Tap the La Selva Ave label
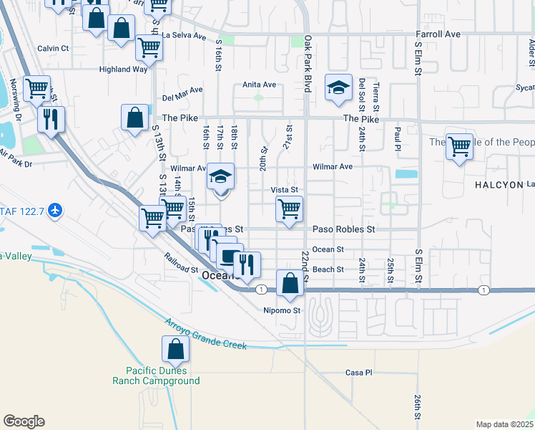click(184, 35)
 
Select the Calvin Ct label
click(53, 49)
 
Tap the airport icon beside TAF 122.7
click(57, 211)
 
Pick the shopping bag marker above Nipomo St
click(290, 284)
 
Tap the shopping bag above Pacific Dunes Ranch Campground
click(175, 351)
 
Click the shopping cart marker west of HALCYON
click(459, 147)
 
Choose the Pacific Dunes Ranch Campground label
click(156, 376)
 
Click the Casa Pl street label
click(359, 373)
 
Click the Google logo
click(24, 421)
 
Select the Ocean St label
click(329, 249)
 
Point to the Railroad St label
click(180, 263)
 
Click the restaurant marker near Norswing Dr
click(50, 120)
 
